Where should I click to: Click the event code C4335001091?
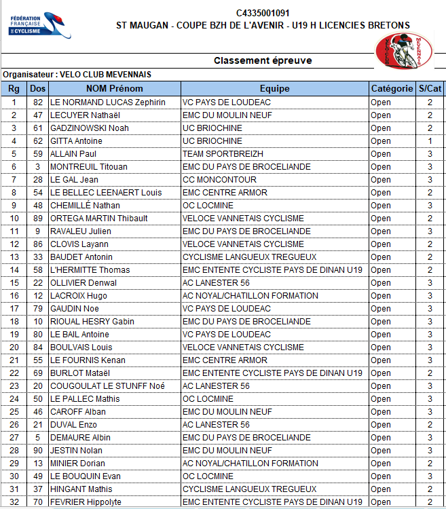point(263,13)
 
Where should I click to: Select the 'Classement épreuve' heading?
point(263,60)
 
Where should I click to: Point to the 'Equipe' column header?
point(274,88)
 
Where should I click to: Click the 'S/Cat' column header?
point(430,88)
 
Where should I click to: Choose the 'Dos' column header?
point(38,88)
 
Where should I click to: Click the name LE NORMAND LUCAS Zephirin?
point(108,102)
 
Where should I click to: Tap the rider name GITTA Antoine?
point(77,141)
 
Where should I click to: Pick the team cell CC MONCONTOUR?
point(219,180)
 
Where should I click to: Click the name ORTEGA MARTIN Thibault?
point(99,219)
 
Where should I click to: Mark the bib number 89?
point(38,219)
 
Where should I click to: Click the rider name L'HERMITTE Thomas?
point(90,270)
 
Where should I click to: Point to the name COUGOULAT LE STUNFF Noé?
point(108,386)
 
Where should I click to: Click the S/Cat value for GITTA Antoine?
point(430,141)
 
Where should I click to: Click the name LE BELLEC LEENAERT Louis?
point(105,193)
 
